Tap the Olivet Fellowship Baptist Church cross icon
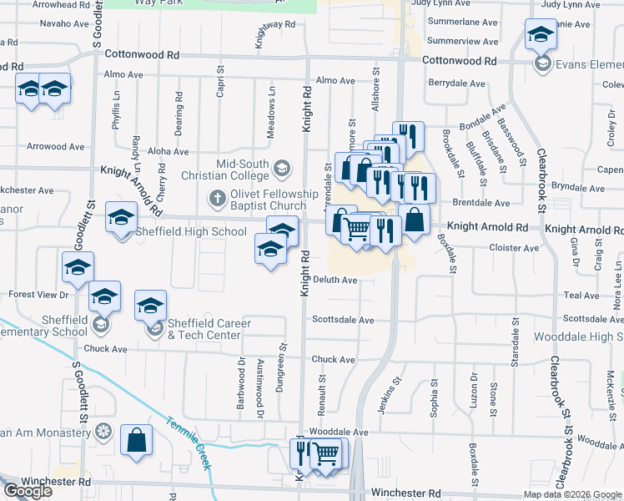point(217,199)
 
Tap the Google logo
point(27,491)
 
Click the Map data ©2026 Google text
point(572,494)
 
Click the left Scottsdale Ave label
point(343,320)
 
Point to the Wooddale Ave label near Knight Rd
point(338,432)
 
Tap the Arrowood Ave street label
point(56,147)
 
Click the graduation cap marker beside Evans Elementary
point(541,37)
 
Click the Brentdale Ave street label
point(480,203)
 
